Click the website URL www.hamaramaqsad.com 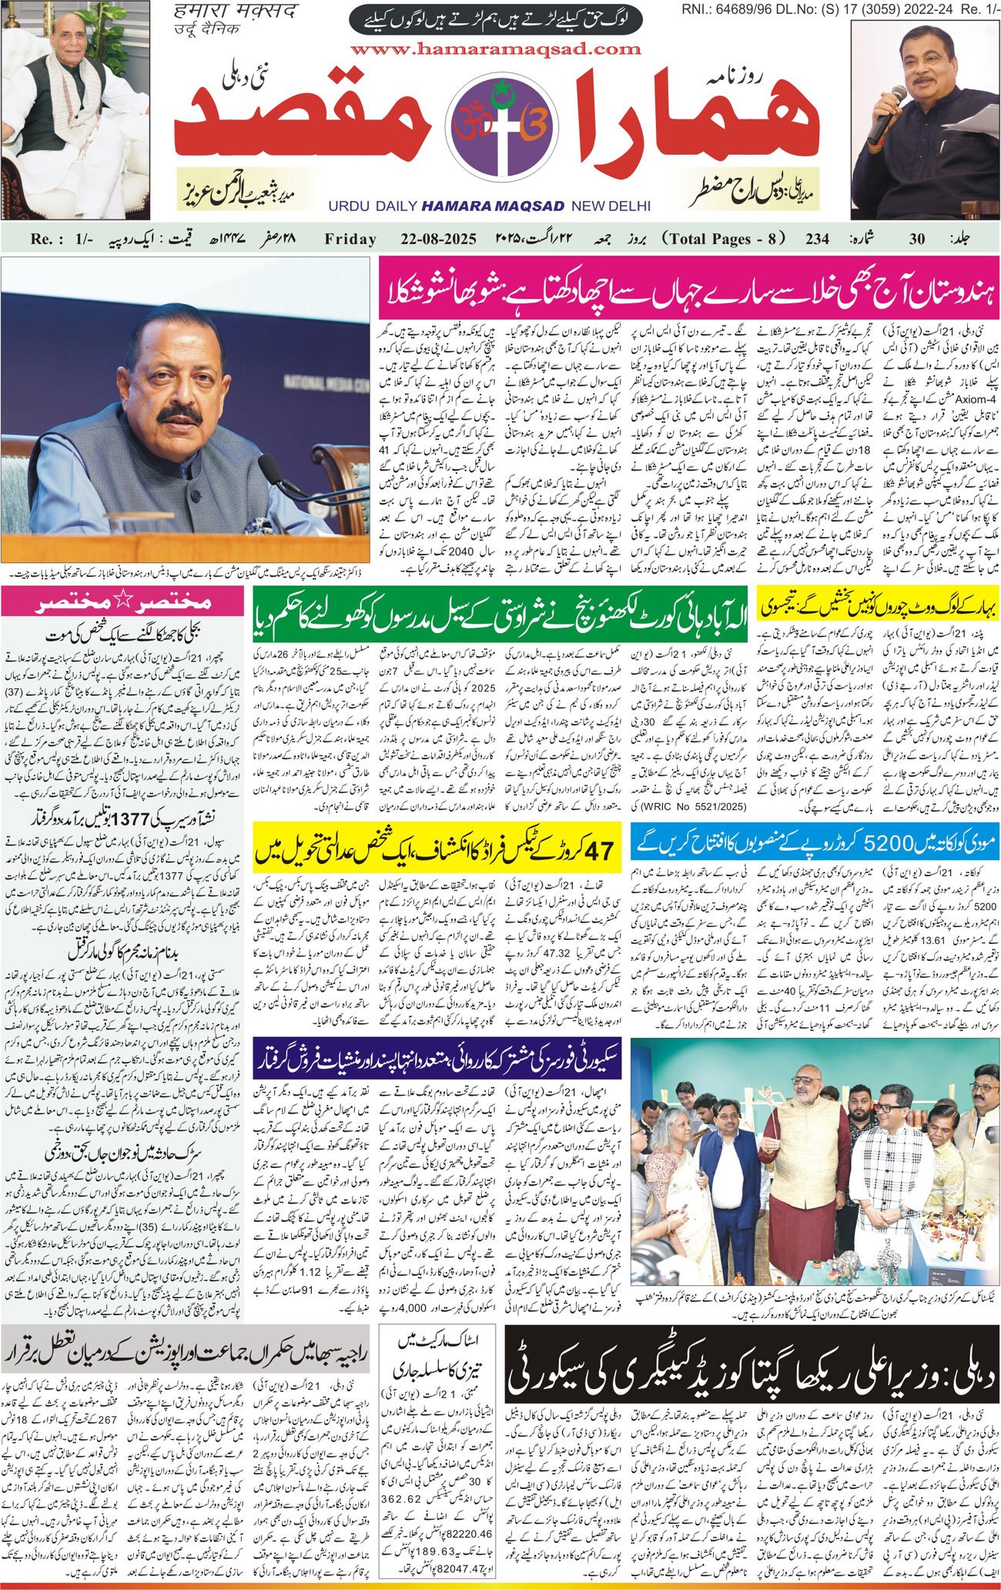click(495, 49)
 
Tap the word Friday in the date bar click(350, 239)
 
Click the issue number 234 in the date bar click(817, 239)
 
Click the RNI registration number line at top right click(840, 8)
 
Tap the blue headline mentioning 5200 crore click(815, 842)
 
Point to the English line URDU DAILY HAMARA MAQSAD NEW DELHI click(489, 206)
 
